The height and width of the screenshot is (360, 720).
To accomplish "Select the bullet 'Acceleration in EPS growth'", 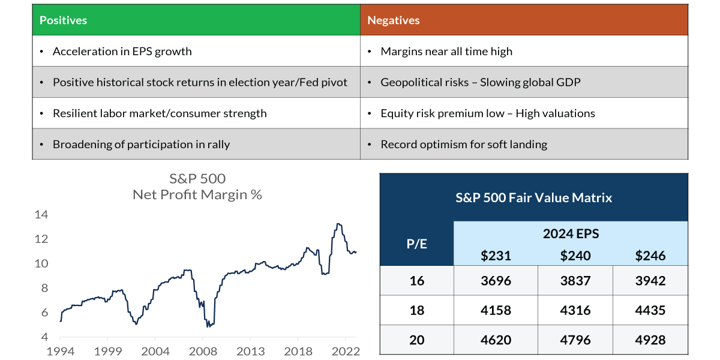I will click(122, 52).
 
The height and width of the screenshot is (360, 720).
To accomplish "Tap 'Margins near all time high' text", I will click(446, 52).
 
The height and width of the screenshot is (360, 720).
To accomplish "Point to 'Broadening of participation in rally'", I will click(141, 145).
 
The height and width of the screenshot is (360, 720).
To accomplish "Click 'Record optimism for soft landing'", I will click(464, 145).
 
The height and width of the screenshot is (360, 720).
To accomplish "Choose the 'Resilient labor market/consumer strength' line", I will click(160, 113).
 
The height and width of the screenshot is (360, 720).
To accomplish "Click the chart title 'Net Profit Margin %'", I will click(197, 195).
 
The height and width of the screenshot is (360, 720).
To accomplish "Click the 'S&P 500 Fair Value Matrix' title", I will click(534, 197).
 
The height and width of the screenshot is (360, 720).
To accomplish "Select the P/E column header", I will click(417, 244).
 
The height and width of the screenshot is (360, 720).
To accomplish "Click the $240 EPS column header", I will click(575, 256).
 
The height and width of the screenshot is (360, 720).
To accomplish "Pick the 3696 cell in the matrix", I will click(496, 280).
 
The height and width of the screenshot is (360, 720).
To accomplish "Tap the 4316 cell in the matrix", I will click(575, 310).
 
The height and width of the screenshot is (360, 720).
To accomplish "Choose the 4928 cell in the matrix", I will click(650, 340).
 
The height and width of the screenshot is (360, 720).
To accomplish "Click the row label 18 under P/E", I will click(417, 310).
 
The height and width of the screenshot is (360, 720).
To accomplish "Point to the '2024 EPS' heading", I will click(571, 233).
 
